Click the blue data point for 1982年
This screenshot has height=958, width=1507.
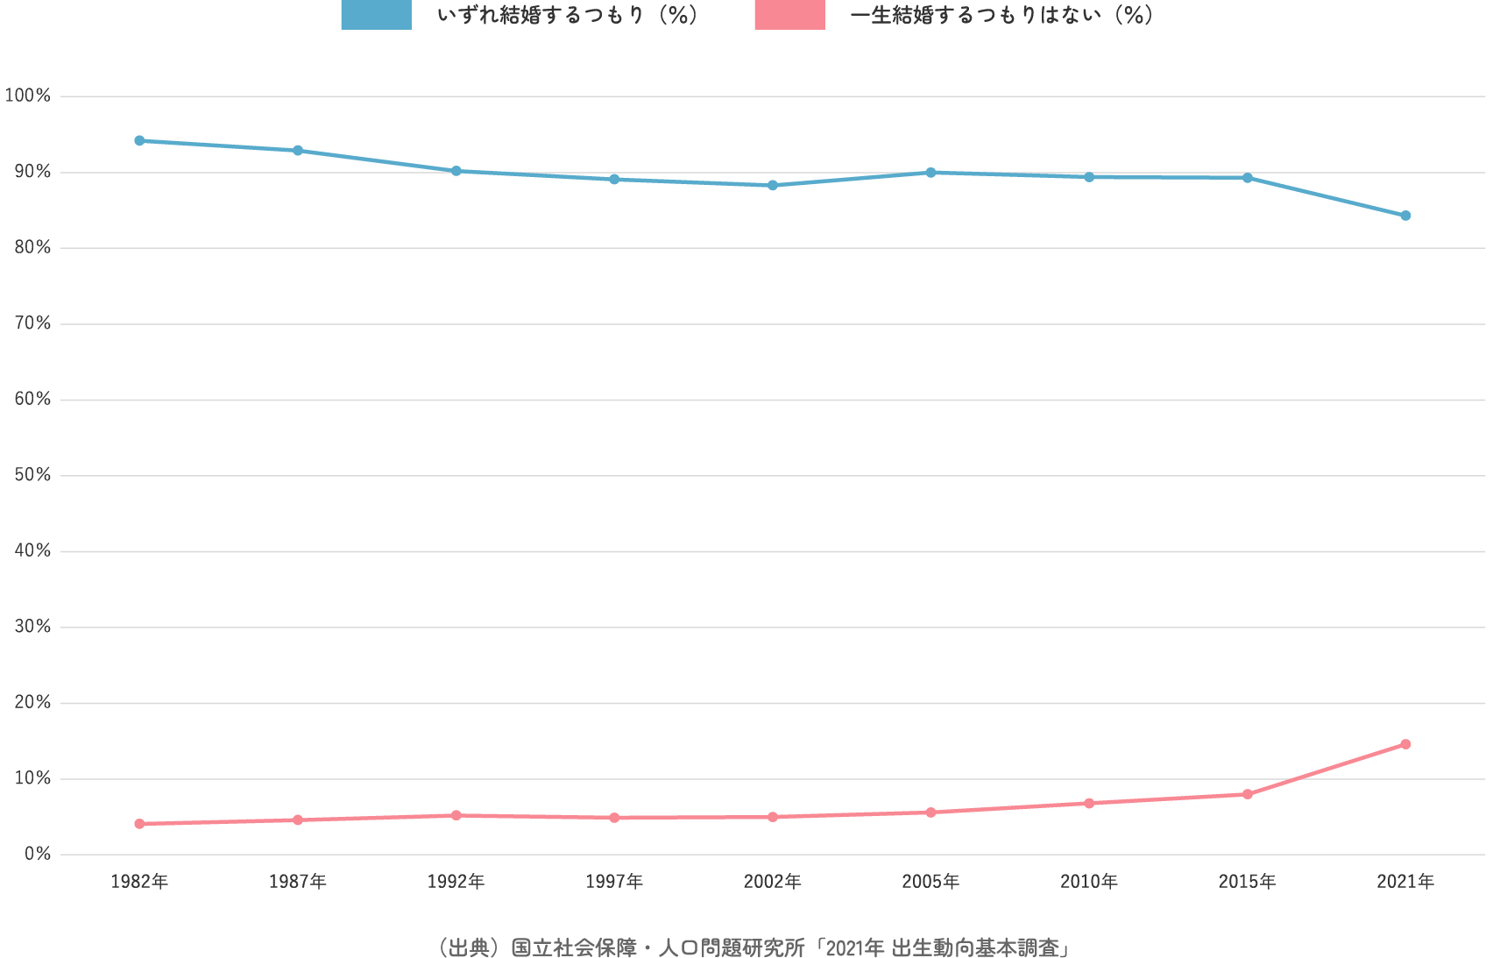[x=139, y=140]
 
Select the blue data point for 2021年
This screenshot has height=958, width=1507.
[x=1405, y=216]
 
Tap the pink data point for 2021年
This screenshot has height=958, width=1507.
[x=1405, y=744]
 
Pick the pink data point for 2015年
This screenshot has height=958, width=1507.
[x=1247, y=794]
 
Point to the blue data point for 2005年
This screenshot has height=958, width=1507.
[x=930, y=173]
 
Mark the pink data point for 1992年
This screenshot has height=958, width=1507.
[x=456, y=815]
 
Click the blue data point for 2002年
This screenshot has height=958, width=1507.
[x=773, y=185]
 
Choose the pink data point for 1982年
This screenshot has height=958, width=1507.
[x=139, y=824]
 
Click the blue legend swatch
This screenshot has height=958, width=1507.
[x=376, y=15]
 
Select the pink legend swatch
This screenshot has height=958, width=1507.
[x=789, y=15]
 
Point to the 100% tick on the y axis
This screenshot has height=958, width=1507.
[x=28, y=96]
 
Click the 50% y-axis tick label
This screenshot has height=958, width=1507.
[x=32, y=475]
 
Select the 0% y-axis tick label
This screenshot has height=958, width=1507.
[x=37, y=854]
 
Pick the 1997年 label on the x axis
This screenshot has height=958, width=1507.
[x=614, y=882]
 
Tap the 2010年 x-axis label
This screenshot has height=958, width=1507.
[x=1089, y=882]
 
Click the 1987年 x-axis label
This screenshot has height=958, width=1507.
[x=298, y=882]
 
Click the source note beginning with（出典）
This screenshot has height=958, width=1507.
[x=753, y=947]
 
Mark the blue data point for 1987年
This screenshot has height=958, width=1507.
[x=298, y=151]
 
